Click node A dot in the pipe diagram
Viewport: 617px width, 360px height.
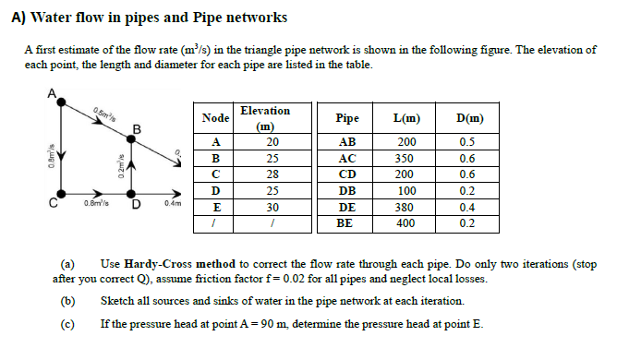click(61, 102)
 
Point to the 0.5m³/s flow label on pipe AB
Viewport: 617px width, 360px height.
click(104, 116)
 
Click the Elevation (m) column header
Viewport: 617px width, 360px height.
click(264, 117)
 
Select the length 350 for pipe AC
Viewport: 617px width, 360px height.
click(405, 158)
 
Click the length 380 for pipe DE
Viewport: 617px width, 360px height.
click(405, 207)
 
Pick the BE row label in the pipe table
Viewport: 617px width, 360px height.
click(346, 223)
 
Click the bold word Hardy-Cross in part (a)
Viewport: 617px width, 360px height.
click(156, 263)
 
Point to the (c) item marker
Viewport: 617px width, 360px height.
click(67, 324)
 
